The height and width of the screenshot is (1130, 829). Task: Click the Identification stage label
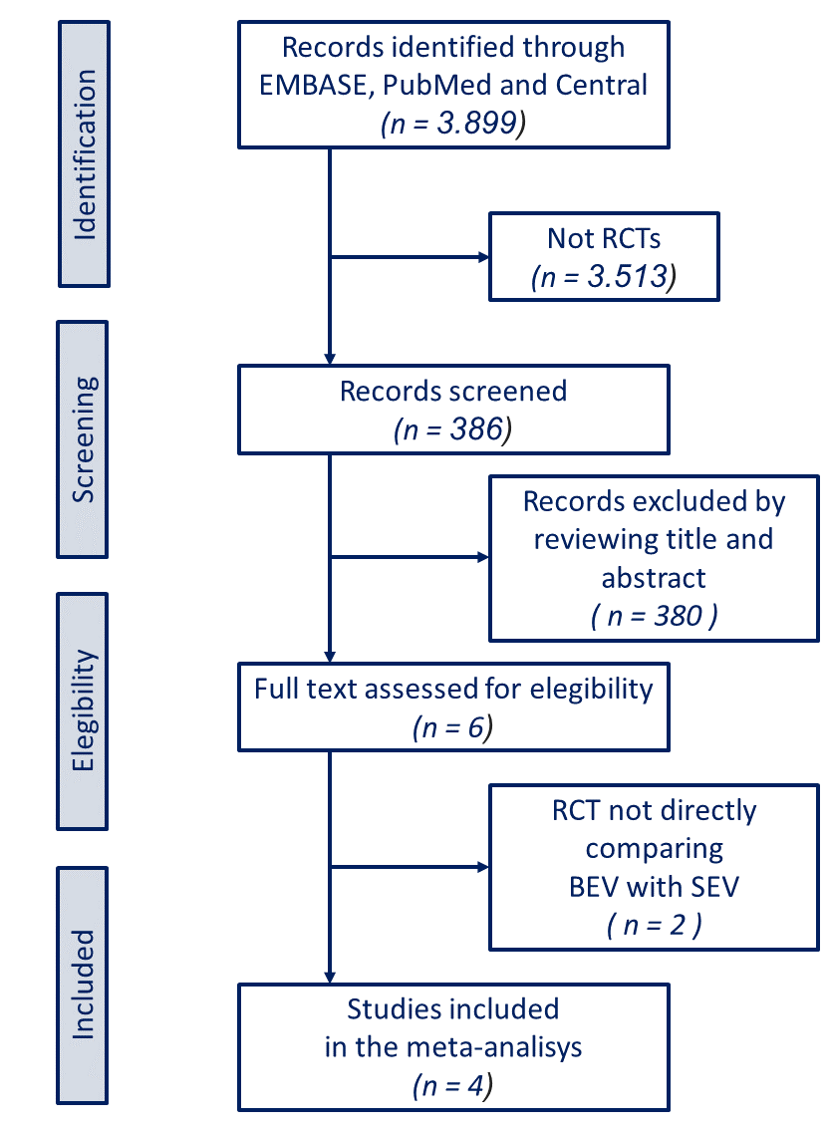pyautogui.click(x=86, y=154)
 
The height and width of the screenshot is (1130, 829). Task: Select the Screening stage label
pyautogui.click(x=86, y=438)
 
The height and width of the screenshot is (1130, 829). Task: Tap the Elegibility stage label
pyautogui.click(x=86, y=710)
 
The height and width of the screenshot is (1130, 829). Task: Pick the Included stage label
pyautogui.click(x=86, y=985)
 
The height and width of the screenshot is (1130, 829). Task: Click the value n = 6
pyautogui.click(x=453, y=726)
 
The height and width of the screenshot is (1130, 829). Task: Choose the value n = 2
pyautogui.click(x=655, y=924)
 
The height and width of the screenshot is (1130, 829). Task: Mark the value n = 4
pyautogui.click(x=453, y=1085)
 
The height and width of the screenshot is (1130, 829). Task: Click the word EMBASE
pyautogui.click(x=313, y=86)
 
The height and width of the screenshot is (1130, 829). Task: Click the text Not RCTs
pyautogui.click(x=604, y=239)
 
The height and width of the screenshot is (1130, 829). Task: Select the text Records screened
pyautogui.click(x=453, y=391)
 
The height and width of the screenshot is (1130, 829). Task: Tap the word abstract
pyautogui.click(x=654, y=578)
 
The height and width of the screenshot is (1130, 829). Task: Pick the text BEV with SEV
pyautogui.click(x=654, y=886)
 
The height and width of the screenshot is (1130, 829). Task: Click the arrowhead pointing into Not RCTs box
pyautogui.click(x=483, y=257)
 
